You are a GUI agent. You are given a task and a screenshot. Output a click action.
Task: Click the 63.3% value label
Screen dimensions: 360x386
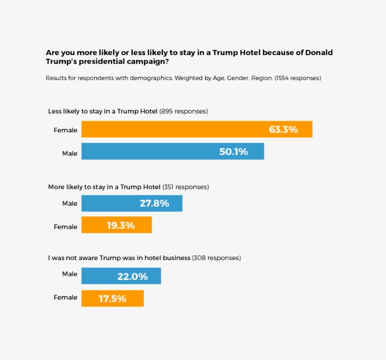[283, 130]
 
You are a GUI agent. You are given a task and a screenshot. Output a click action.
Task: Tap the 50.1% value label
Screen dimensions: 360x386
[233, 152]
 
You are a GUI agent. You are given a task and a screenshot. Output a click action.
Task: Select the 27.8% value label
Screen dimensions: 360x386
[154, 204]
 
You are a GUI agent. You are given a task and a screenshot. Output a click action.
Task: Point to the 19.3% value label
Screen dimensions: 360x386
[121, 225]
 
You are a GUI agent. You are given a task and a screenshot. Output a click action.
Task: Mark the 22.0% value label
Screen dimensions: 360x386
[133, 276]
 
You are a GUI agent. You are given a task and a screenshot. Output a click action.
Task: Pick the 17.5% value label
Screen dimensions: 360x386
[113, 298]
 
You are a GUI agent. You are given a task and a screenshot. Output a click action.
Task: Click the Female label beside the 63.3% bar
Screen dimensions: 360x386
[65, 130]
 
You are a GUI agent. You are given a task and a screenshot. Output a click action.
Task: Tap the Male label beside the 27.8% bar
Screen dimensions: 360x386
[70, 204]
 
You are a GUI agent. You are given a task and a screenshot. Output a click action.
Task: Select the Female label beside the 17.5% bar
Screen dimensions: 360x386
[65, 297]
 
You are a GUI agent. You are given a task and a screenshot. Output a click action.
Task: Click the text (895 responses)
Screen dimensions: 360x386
[184, 112]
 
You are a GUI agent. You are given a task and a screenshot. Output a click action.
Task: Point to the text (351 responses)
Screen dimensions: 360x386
[185, 187]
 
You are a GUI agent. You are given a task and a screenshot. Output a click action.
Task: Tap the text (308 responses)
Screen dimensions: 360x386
[217, 258]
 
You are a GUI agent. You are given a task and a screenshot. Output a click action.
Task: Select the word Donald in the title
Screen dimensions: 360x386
[319, 52]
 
